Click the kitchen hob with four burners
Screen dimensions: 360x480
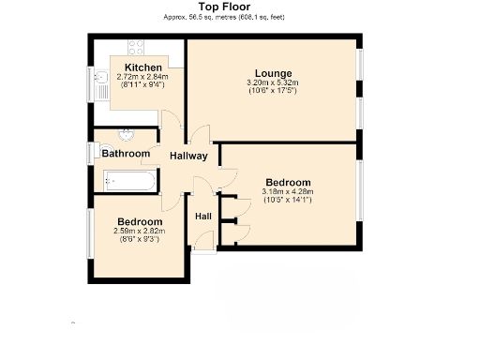pos(135,46)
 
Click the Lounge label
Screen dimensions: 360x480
pos(274,73)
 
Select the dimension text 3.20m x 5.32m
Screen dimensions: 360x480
pos(274,82)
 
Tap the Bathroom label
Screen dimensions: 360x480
pos(126,153)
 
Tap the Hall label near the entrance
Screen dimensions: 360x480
pos(202,217)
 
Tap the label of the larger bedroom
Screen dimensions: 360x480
pos(287,182)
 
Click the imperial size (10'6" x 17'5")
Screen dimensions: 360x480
pos(274,91)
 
